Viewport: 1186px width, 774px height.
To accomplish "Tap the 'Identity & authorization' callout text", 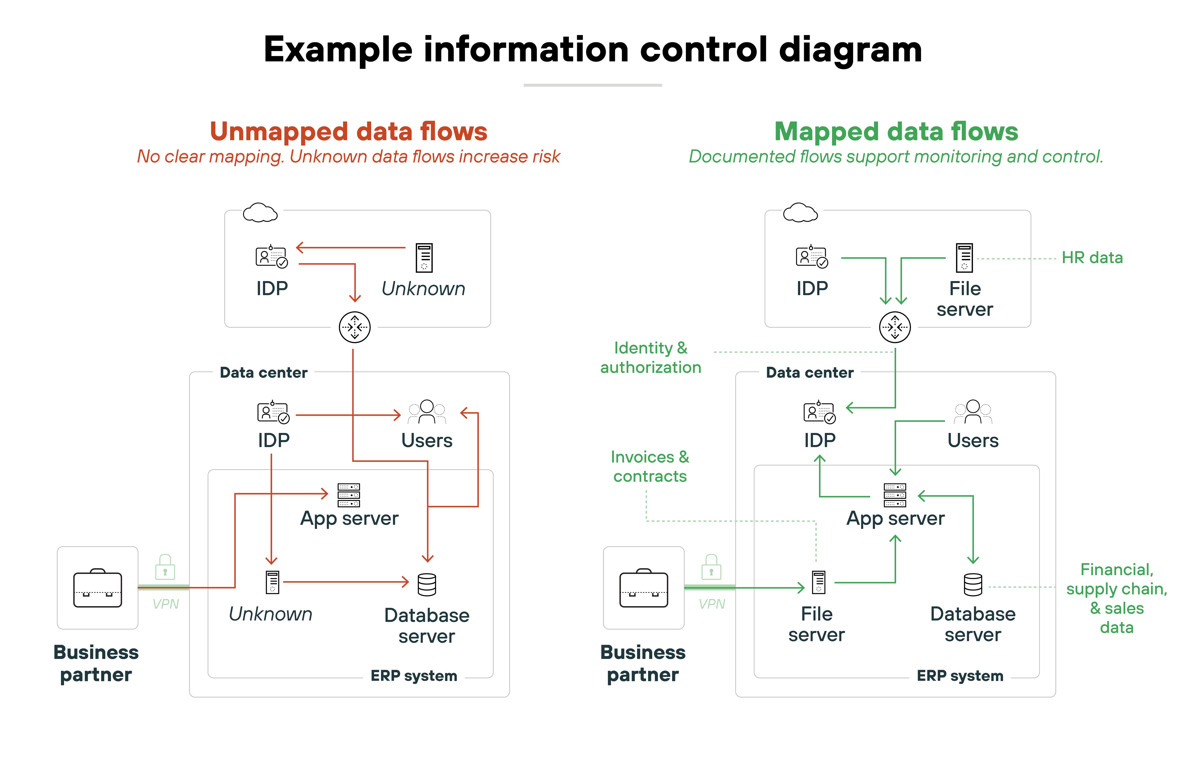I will (x=650, y=357).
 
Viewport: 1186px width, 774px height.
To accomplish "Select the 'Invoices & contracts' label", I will (x=650, y=467).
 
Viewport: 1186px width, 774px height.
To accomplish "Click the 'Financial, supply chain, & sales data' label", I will (x=1116, y=598).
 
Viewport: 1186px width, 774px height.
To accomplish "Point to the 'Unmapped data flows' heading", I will (x=348, y=132).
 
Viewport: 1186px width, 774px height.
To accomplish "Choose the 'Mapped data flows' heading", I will (x=895, y=132).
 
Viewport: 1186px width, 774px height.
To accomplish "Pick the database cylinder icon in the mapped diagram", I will (x=973, y=585).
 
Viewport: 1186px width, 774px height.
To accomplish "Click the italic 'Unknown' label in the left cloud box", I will (x=423, y=289).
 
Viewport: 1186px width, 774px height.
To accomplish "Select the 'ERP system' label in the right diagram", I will (x=960, y=676).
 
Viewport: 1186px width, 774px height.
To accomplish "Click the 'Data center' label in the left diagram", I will (x=264, y=373).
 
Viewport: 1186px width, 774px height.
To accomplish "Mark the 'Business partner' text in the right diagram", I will (x=643, y=663).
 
